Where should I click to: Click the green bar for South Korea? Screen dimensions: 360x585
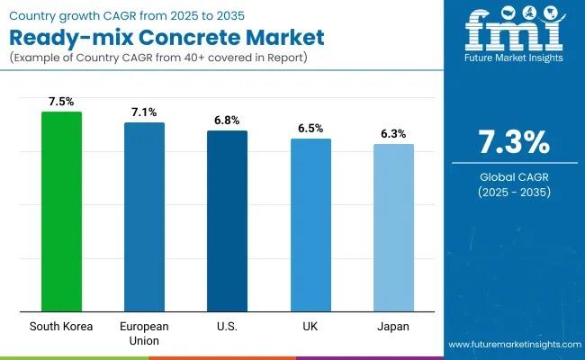click(x=61, y=211)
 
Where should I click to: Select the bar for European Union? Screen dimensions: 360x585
click(x=144, y=217)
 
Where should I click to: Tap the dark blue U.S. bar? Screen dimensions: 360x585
click(x=227, y=221)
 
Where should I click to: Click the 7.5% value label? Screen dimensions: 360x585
click(x=61, y=102)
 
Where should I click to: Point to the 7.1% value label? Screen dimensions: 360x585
click(x=144, y=112)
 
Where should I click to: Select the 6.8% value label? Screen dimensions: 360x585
click(x=227, y=121)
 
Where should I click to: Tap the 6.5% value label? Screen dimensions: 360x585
click(x=310, y=129)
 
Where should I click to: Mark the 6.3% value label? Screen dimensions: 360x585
click(x=393, y=134)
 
